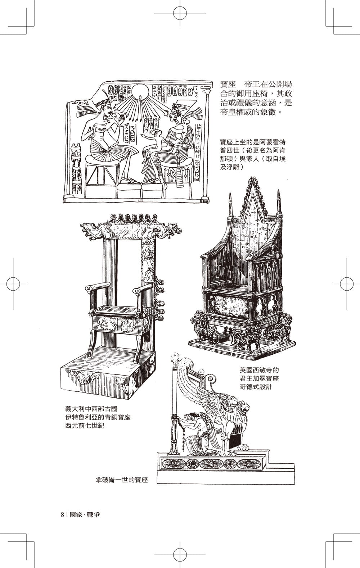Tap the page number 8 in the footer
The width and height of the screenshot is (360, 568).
[x=63, y=514]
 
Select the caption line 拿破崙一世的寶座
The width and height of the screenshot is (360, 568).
[x=122, y=480]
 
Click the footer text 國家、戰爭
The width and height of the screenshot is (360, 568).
[x=85, y=514]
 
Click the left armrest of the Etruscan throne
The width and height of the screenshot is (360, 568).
[x=98, y=287]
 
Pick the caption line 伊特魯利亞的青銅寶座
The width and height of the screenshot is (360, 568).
[x=98, y=417]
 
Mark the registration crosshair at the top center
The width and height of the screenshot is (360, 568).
[x=180, y=13]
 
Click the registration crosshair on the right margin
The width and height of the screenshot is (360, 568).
[x=347, y=284]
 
